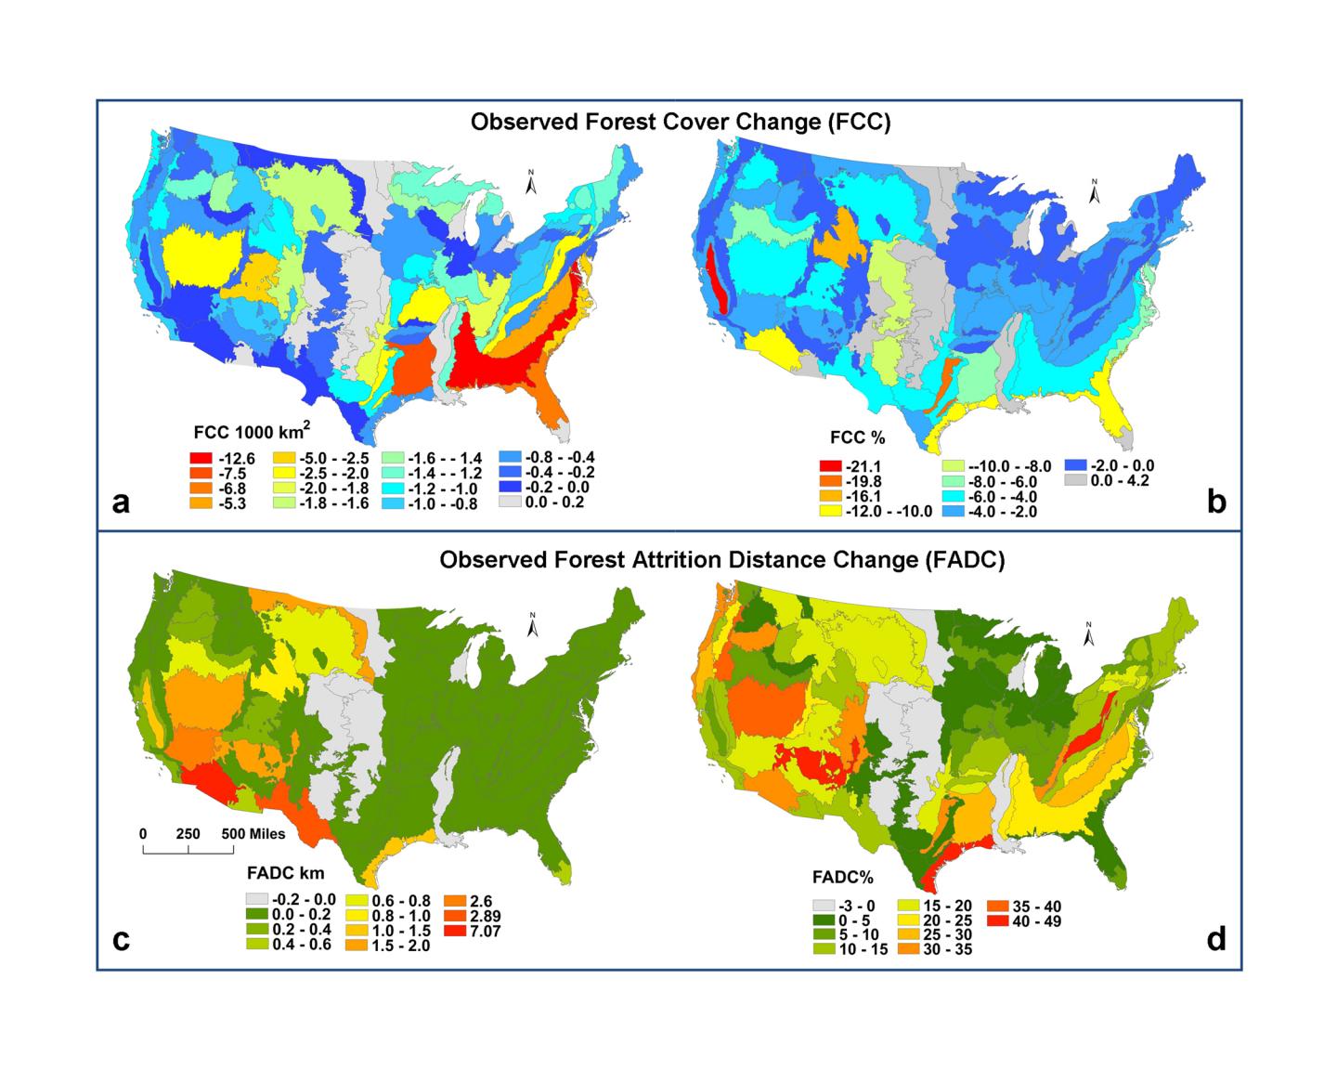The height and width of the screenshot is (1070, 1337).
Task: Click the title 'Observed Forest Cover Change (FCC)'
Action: (681, 123)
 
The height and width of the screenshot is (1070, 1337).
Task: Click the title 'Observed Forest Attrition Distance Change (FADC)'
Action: (721, 561)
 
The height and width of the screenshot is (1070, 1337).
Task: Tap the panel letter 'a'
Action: (120, 502)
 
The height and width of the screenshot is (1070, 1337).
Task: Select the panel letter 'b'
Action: (1216, 502)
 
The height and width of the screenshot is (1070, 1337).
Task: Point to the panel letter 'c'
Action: (120, 940)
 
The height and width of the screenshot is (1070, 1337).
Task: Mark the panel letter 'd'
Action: (1216, 939)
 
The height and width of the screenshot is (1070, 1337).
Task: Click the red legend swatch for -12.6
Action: (200, 458)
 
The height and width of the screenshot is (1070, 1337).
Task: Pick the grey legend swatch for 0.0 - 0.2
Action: (509, 502)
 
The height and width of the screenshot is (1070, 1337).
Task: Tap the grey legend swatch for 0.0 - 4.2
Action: (1075, 481)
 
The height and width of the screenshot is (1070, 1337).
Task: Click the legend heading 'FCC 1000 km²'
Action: (251, 431)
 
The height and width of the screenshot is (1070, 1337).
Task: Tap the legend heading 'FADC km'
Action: (285, 873)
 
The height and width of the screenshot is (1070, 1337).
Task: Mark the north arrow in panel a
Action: (532, 183)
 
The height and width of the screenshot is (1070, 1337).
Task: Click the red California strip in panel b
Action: (716, 279)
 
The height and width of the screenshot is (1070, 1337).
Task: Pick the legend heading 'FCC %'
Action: (854, 437)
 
